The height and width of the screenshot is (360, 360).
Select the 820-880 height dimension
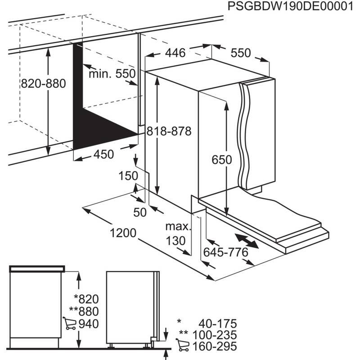43,84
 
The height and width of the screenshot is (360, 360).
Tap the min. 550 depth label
112,74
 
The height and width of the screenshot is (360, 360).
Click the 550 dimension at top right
240,53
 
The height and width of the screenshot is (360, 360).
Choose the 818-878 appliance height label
168,132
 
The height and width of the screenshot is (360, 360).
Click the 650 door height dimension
222,160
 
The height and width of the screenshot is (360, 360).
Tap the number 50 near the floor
140,212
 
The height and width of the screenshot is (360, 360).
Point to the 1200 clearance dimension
122,233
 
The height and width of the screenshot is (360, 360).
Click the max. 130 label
175,233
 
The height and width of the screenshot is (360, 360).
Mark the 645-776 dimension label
225,252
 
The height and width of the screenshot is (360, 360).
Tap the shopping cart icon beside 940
69,324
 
